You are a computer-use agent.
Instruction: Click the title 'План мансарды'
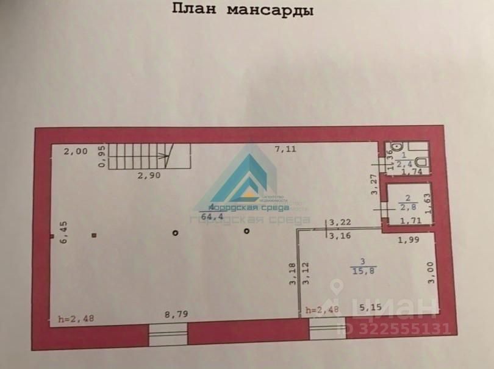(242, 10)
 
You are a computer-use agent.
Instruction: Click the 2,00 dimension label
(76, 152)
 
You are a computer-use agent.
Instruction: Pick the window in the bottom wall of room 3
(328, 329)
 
